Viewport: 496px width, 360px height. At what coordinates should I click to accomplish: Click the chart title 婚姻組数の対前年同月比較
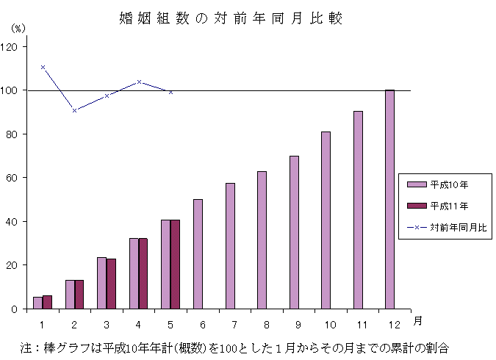[231, 18]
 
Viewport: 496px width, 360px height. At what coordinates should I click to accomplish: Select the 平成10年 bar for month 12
[389, 199]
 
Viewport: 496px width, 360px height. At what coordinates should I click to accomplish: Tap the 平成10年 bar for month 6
[198, 253]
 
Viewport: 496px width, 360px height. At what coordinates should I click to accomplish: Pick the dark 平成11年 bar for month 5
[175, 264]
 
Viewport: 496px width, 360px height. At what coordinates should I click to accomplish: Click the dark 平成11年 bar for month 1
[47, 302]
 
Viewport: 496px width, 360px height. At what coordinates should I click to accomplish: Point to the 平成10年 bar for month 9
[294, 232]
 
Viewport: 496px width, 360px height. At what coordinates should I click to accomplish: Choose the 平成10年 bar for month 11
[358, 209]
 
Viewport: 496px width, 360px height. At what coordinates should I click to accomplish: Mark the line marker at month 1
[43, 67]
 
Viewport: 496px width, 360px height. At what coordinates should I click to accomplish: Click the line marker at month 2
[75, 110]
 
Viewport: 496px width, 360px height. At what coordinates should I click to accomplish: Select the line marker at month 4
[139, 82]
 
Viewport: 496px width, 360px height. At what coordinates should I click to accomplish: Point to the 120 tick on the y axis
[14, 46]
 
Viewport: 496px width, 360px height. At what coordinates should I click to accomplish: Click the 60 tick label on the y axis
[14, 178]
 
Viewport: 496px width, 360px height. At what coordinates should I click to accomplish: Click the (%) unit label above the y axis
[18, 28]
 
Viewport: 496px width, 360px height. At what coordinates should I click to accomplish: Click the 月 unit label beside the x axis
[417, 321]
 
